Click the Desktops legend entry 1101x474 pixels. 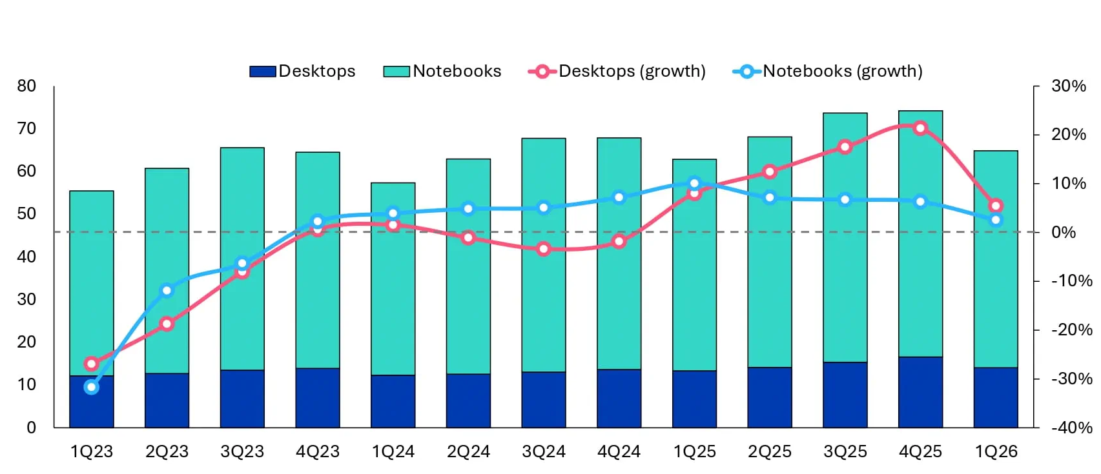(303, 71)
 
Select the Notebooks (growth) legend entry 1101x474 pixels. (828, 71)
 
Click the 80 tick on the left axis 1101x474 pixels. (26, 86)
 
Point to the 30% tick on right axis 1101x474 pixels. (1069, 86)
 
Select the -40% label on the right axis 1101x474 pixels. (1071, 427)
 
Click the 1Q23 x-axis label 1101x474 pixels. (92, 451)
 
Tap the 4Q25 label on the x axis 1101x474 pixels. (920, 451)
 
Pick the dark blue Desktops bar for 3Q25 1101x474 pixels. (845, 395)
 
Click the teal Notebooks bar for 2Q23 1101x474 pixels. (167, 271)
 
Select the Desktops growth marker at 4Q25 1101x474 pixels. (920, 128)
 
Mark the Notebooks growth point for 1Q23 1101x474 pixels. (92, 387)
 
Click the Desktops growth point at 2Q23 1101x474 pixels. (167, 324)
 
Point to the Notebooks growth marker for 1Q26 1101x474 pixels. (996, 220)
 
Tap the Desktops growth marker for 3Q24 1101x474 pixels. (544, 249)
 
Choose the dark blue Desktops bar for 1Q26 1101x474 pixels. (996, 397)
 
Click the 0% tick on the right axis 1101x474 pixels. (1064, 232)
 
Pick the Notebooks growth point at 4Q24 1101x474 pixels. (619, 197)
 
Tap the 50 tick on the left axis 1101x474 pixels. (26, 213)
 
